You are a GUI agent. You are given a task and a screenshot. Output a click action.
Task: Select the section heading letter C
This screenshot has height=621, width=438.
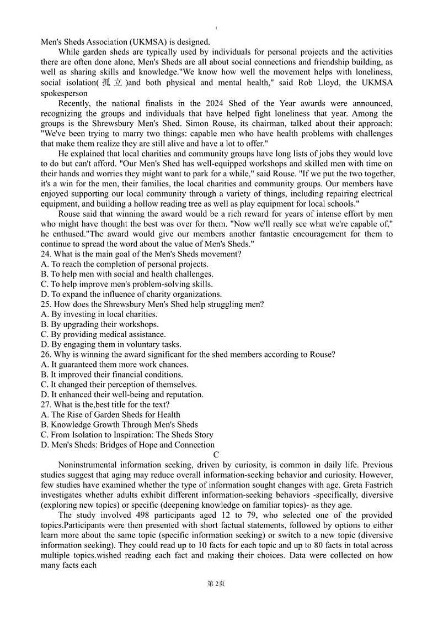pos(216,455)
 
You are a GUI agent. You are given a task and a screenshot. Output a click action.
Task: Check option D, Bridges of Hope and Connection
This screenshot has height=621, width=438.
pos(127,445)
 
